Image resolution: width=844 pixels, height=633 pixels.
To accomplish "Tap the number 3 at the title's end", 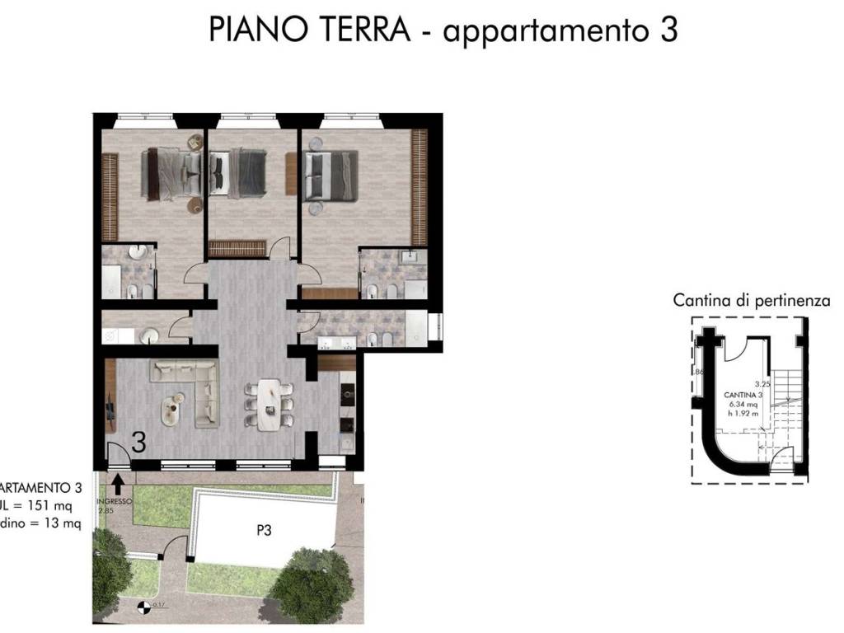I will coord(668,30).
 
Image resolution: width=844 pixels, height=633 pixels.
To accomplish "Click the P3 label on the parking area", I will coord(263,532).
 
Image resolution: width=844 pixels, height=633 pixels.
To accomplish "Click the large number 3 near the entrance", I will coord(139,443).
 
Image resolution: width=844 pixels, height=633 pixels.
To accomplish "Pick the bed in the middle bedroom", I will coord(239,173).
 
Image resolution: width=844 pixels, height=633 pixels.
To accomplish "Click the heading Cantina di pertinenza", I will coord(751,301).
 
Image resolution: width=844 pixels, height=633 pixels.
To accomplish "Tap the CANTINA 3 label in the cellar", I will coord(743,396).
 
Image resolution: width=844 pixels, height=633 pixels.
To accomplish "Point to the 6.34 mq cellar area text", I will coord(743,405).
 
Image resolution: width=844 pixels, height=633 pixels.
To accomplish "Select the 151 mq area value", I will coord(49,507).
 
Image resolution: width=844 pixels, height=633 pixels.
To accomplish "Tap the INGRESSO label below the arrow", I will coord(115,501).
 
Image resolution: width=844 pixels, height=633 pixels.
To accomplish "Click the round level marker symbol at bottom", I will coord(144,609).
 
